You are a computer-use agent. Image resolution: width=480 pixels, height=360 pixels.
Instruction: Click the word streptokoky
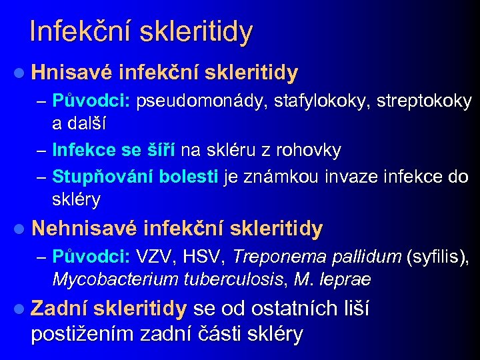click(x=425, y=101)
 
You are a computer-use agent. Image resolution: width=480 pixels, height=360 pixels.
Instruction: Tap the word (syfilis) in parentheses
click(x=439, y=257)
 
